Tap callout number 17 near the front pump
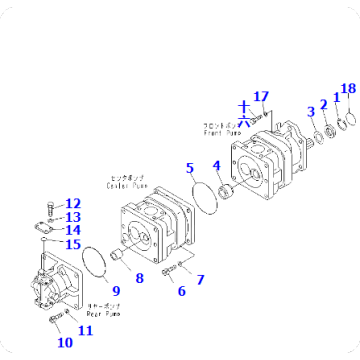click(261, 96)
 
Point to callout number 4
click(216, 166)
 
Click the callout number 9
click(116, 291)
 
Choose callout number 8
click(139, 278)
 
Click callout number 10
click(65, 342)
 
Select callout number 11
click(86, 330)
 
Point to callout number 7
click(200, 279)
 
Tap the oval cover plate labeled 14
click(51, 227)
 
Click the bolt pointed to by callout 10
click(54, 319)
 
